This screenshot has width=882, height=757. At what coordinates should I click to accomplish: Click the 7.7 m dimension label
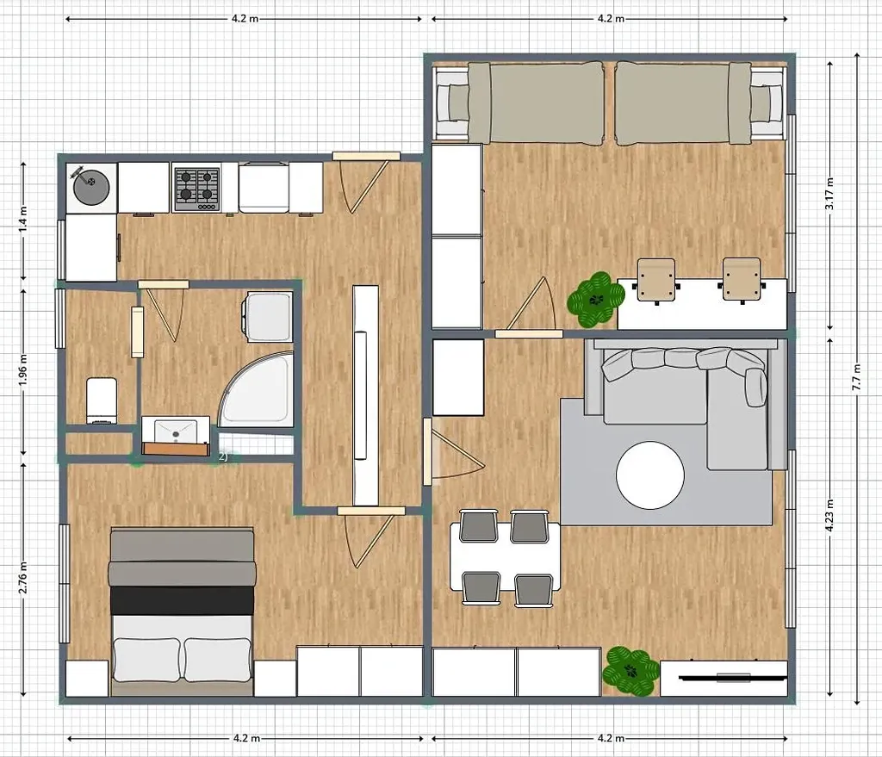857,377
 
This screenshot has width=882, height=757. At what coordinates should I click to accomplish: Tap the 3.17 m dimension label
829,194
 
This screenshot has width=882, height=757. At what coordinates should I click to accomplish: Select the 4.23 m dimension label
829,516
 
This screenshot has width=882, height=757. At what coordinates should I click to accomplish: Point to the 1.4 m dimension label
23,220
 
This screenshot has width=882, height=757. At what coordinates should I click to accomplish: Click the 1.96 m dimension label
23,369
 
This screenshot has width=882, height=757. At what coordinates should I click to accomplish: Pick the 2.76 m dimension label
23,577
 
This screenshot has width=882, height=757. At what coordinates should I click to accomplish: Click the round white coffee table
650,475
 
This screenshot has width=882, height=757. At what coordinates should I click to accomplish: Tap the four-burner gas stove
196,188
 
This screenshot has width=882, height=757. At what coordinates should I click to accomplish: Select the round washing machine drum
91,188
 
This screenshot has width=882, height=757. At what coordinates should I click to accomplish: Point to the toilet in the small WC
102,400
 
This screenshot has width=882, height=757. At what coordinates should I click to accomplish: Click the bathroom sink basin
176,431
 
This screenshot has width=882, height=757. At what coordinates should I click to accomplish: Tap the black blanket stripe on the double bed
183,600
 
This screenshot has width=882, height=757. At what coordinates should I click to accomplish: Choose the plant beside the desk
596,300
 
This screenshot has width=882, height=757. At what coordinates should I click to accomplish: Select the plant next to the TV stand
630,671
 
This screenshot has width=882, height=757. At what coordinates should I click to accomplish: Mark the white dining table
505,556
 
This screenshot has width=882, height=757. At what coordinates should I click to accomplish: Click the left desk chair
656,281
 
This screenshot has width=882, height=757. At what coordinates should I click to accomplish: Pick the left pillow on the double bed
147,660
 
